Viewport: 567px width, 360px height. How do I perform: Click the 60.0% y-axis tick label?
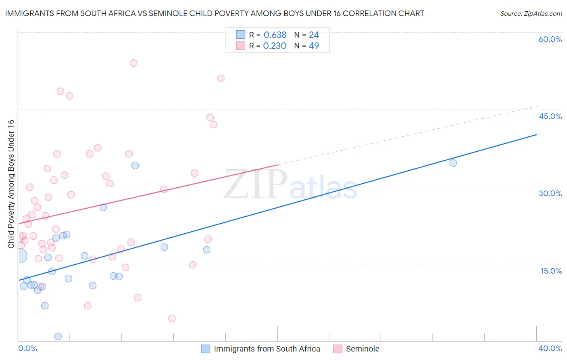[550, 39]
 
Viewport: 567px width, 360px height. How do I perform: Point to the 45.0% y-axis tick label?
[550, 116]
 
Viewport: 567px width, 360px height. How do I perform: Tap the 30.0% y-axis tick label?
[550, 193]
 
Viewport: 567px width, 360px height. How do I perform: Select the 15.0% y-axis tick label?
[551, 271]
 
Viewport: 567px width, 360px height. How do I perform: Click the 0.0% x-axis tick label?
[27, 348]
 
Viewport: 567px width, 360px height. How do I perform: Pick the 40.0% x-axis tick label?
[550, 348]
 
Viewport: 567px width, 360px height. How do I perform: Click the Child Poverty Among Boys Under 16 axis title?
[11, 184]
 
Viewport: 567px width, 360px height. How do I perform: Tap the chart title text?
[215, 14]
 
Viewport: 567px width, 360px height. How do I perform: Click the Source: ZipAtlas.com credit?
[531, 14]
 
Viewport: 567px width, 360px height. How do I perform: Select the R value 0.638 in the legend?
[275, 35]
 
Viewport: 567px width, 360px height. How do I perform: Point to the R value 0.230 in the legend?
[275, 46]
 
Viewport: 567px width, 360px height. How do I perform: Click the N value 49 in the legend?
[314, 46]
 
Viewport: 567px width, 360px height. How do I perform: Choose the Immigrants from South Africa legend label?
[267, 349]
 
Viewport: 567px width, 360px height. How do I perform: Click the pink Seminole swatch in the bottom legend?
[338, 349]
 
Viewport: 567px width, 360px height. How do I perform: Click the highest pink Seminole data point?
[133, 63]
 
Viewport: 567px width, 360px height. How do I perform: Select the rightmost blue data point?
[453, 163]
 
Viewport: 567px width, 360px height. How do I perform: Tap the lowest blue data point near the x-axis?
[58, 337]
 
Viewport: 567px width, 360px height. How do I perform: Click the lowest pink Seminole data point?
[172, 318]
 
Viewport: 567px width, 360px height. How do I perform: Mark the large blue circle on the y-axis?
[19, 256]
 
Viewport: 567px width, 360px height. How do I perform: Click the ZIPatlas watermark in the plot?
[290, 185]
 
